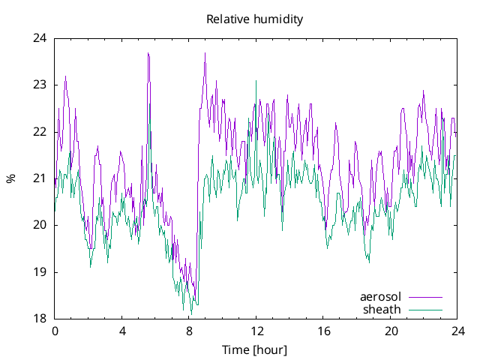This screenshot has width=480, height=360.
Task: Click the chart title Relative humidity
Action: coord(255,19)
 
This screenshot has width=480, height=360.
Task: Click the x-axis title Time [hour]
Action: coord(255,350)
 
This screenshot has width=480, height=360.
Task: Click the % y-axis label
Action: coord(10,178)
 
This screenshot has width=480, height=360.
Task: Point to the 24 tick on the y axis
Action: coord(39,38)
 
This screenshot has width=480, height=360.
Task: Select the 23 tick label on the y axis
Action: coord(39,85)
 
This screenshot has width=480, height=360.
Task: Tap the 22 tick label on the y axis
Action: coord(39,132)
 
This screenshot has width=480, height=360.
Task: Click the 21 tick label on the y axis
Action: coord(39,178)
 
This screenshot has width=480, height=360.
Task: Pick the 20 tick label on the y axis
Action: coord(39,225)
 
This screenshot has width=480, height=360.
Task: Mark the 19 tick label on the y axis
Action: coord(39,272)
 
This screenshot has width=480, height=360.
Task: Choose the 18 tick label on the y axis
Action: coord(39,319)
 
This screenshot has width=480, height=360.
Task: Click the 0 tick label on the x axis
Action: coord(55,331)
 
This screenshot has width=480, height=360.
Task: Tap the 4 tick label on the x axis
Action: coord(122,331)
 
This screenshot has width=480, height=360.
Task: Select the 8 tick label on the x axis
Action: coord(189,331)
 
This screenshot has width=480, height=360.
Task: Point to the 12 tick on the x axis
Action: coord(256,331)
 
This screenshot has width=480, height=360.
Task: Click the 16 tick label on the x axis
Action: coord(324,331)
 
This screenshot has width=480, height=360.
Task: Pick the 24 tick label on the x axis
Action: coord(458,331)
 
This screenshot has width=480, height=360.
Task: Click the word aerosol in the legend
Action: coord(380,297)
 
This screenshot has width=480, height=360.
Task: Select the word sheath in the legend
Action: coord(382,309)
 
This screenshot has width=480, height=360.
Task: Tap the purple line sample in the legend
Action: coord(424,297)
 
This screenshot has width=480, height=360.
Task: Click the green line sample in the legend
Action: coord(424,309)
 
